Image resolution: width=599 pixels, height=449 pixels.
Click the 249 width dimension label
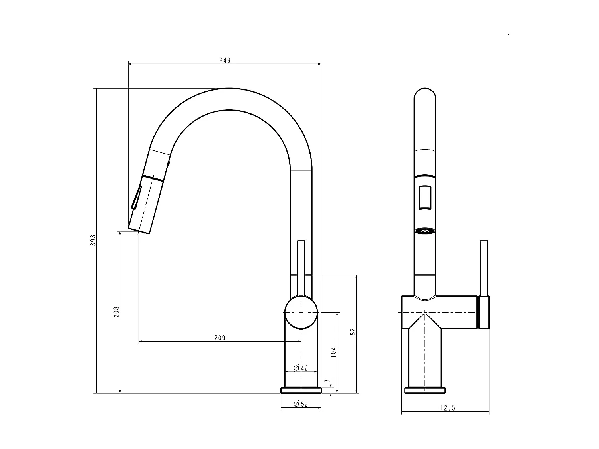(225, 61)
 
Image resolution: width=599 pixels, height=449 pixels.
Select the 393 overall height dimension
(93, 240)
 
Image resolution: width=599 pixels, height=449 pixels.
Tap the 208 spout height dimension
(116, 312)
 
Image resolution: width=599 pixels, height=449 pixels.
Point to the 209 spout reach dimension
(220, 338)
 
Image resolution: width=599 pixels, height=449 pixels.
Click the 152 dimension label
(353, 334)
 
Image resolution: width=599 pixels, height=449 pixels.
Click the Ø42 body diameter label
(301, 368)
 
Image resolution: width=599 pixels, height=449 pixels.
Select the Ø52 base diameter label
(301, 404)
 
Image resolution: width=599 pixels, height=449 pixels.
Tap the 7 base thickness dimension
(327, 382)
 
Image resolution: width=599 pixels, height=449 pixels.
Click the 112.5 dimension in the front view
(446, 408)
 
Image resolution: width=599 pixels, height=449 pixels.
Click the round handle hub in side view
(301, 312)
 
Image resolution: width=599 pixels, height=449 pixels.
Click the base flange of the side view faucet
(301, 390)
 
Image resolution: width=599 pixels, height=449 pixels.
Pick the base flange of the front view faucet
(425, 390)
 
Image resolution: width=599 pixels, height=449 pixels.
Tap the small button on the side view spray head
(169, 162)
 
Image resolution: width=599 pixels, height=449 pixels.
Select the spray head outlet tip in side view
(139, 231)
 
